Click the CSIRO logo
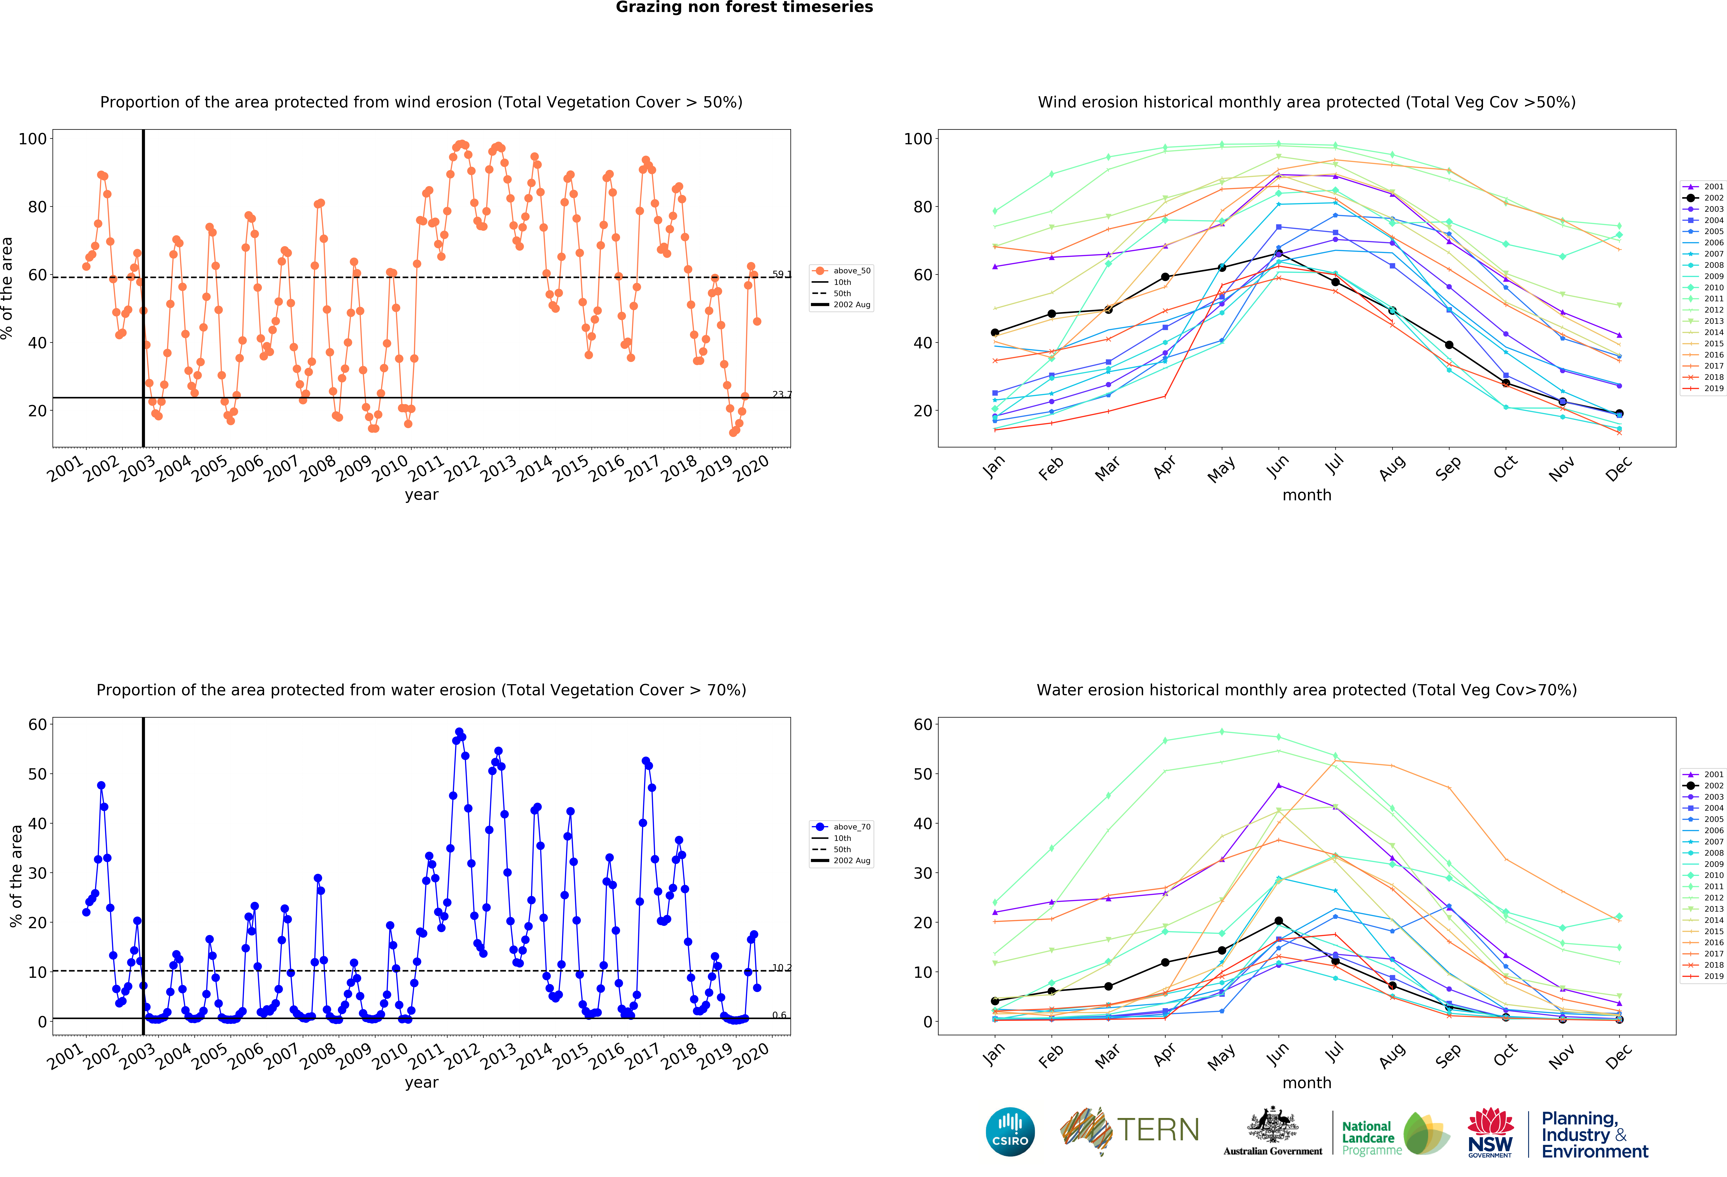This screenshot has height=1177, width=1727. [1010, 1132]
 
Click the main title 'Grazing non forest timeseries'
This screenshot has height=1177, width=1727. [744, 7]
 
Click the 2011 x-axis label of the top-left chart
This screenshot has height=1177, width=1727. [426, 469]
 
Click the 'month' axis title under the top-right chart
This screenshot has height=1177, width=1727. [1306, 495]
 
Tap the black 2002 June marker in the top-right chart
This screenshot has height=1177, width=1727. [1278, 253]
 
